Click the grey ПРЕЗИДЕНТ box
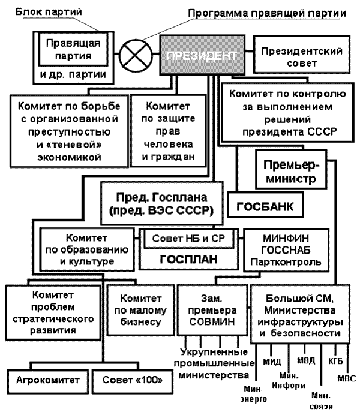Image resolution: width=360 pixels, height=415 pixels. tap(200, 58)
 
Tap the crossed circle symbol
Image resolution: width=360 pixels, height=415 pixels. tap(133, 58)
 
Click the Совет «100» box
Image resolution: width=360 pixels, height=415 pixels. tap(126, 380)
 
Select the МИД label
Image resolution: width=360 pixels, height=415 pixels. tap(272, 362)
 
